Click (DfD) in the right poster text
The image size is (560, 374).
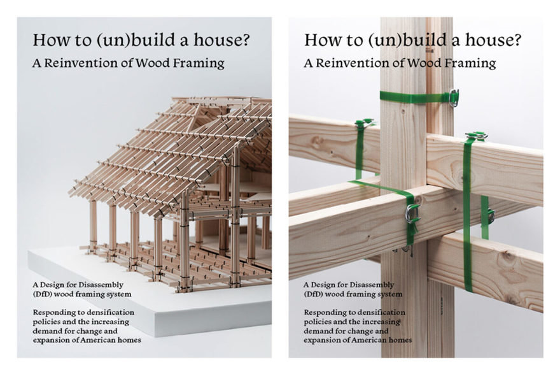(313, 294)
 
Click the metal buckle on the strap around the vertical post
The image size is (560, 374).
(453, 98)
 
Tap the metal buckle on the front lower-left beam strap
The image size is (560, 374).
(412, 214)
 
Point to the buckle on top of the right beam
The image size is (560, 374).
(477, 136)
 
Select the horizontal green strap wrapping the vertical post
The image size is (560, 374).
(416, 97)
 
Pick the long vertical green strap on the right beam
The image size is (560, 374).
(468, 215)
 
